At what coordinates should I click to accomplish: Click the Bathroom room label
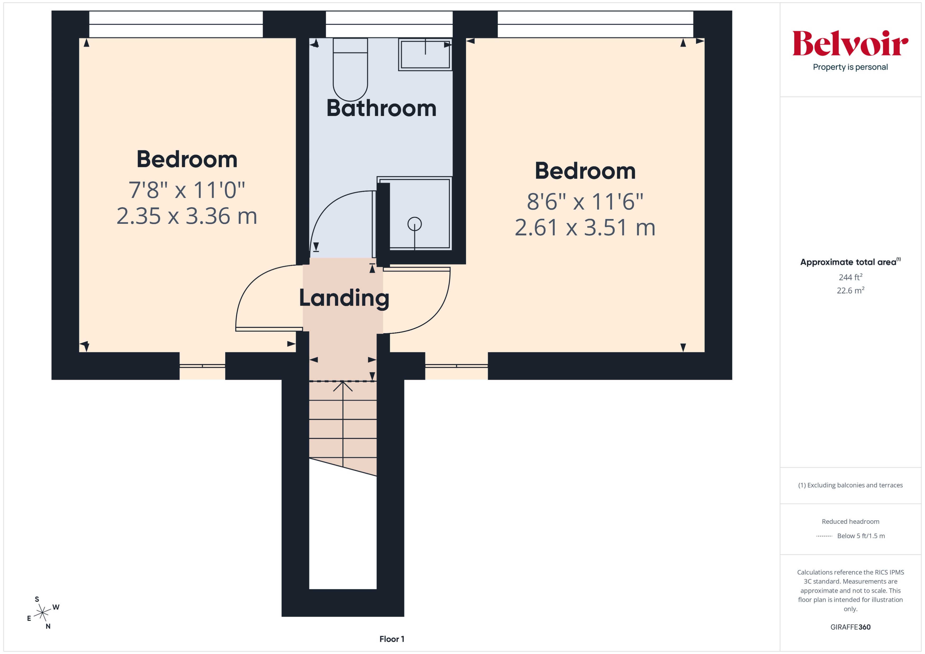[381, 108]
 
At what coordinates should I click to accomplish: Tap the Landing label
[344, 298]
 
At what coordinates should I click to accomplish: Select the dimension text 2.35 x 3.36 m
[187, 216]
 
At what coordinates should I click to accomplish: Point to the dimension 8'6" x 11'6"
[585, 202]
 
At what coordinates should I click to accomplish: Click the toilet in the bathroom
[350, 71]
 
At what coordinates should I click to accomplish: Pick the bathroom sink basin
[425, 54]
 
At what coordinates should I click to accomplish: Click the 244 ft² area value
[850, 277]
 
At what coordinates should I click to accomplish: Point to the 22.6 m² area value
[850, 290]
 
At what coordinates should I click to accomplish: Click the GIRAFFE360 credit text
[850, 627]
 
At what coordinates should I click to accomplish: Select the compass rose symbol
[42, 613]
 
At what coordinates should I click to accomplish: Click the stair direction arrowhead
[343, 386]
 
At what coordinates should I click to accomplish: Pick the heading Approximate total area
[848, 262]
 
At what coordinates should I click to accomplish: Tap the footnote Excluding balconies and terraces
[850, 485]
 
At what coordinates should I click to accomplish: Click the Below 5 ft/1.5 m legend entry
[861, 536]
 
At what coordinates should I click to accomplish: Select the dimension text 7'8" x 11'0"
[187, 190]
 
